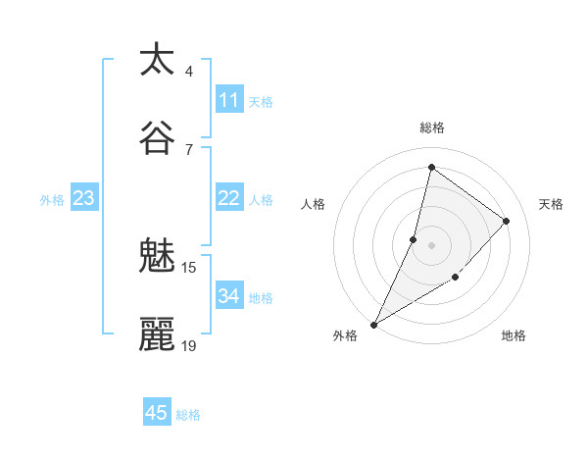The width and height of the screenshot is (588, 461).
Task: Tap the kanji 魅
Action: tap(157, 256)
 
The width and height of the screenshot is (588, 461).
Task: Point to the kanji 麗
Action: tap(157, 334)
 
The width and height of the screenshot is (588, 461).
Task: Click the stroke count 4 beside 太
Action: tap(189, 71)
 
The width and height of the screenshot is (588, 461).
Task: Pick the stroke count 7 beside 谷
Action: tap(189, 149)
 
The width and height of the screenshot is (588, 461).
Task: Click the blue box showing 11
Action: tap(229, 100)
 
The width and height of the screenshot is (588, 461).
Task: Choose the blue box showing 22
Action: tap(229, 198)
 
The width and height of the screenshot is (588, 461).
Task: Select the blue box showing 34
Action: tap(229, 296)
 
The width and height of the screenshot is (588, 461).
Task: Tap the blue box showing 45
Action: tap(157, 413)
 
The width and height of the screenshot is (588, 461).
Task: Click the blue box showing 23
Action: tap(83, 198)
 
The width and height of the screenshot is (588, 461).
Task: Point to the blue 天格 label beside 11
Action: tap(261, 101)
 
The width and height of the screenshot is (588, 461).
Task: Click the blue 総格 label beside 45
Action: tap(188, 415)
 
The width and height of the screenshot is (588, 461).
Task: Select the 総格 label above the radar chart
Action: tap(432, 128)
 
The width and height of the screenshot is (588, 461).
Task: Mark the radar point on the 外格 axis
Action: tap(373, 325)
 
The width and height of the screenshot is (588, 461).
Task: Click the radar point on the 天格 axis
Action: tap(507, 221)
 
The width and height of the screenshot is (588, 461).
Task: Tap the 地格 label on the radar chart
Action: tap(514, 335)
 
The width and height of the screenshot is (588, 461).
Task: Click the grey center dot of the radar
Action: tap(431, 245)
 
